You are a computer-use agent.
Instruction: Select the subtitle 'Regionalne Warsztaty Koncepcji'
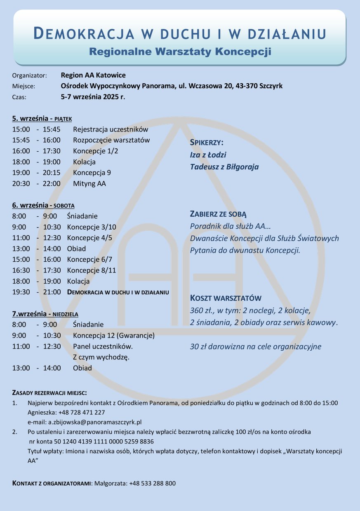pyautogui.click(x=180, y=52)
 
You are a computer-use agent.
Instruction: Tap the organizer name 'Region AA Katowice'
pyautogui.click(x=93, y=75)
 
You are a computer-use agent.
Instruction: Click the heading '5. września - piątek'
pyautogui.click(x=42, y=119)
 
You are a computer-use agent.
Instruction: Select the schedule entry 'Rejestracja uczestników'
pyautogui.click(x=111, y=129)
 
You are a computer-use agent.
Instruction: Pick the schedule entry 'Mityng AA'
pyautogui.click(x=89, y=183)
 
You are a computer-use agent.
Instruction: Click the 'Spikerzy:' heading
pyautogui.click(x=207, y=143)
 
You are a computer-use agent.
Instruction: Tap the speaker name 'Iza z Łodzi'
pyautogui.click(x=208, y=155)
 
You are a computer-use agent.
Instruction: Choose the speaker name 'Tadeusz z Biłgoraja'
pyautogui.click(x=224, y=167)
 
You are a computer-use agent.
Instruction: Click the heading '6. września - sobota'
pyautogui.click(x=43, y=205)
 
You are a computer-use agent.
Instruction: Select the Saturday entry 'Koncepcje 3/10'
pyautogui.click(x=92, y=227)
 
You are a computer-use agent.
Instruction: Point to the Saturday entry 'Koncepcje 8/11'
pyautogui.click(x=92, y=270)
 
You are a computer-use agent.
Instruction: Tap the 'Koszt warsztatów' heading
pyautogui.click(x=226, y=298)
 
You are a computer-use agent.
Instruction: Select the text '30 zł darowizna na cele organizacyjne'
pyautogui.click(x=255, y=347)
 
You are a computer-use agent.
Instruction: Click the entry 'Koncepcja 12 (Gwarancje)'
pyautogui.click(x=114, y=335)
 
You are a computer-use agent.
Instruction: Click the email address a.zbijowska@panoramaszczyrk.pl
pyautogui.click(x=95, y=422)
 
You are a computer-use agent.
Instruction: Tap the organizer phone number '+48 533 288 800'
pyautogui.click(x=152, y=483)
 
